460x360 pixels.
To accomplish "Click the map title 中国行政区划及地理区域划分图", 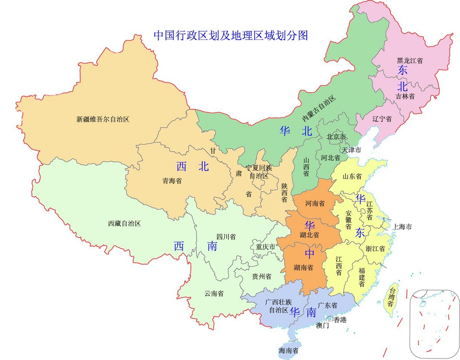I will coord(230,35).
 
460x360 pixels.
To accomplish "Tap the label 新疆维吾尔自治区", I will coord(103,119).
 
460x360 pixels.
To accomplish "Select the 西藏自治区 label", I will coord(124,224).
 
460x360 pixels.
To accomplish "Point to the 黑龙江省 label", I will coord(410,60).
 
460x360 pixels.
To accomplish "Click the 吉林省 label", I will coord(405,96).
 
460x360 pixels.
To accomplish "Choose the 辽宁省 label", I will coord(382,119).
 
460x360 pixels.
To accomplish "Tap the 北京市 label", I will coord(336,137).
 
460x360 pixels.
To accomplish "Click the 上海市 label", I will coord(402,227).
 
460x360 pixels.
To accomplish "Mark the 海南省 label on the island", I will coord(289,351).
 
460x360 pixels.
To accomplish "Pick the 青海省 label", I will coord(172,181).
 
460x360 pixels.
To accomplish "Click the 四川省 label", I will coord(226,237).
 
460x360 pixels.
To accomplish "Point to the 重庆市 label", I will coord(265,247).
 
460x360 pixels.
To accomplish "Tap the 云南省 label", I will coord(214,294).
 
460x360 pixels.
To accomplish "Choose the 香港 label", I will coord(340,320).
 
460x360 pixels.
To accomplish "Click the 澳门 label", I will coord(322,326).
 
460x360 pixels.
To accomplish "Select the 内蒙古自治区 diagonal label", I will coord(319,109).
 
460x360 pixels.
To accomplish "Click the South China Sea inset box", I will coord(434,323).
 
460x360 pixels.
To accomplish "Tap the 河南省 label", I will coord(315,203).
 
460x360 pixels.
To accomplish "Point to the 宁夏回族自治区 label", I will coord(259,172).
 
